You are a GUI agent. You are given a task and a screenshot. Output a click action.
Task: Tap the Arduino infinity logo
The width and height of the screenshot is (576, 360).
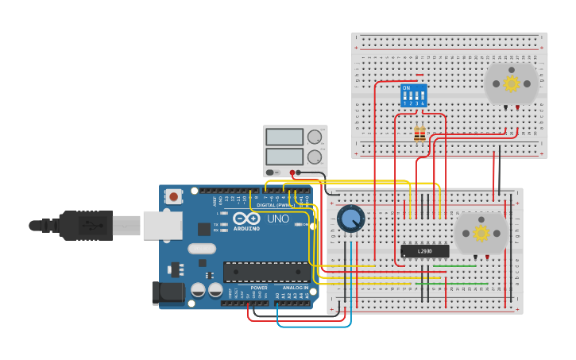click(245, 218)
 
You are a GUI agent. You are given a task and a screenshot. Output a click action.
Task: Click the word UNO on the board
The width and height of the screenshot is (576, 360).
click(277, 219)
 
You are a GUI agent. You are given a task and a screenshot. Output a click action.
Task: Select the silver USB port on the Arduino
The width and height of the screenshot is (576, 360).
click(162, 225)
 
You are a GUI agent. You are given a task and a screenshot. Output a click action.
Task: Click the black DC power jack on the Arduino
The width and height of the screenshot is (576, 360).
click(168, 292)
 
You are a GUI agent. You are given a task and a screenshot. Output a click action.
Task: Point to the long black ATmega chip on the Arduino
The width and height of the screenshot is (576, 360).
click(266, 272)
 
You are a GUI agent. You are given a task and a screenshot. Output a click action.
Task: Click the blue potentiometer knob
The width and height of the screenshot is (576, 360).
click(350, 218)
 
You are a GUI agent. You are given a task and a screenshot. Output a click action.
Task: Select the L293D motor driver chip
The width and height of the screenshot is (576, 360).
click(424, 251)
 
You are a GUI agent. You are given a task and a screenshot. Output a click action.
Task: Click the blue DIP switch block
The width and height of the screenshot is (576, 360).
click(414, 95)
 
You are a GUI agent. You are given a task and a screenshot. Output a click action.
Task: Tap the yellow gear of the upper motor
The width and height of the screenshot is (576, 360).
click(512, 83)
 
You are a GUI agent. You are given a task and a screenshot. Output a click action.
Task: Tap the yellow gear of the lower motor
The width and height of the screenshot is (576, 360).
click(481, 233)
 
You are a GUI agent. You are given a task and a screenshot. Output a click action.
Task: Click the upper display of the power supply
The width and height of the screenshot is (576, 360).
click(284, 137)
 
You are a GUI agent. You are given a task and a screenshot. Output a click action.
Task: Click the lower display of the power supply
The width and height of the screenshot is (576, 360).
click(284, 156)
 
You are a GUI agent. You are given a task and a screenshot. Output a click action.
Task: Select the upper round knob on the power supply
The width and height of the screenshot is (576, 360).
click(315, 137)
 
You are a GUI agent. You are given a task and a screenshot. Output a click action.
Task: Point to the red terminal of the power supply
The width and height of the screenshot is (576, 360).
click(292, 172)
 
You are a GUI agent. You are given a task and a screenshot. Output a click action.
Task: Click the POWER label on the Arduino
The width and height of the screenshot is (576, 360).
click(259, 288)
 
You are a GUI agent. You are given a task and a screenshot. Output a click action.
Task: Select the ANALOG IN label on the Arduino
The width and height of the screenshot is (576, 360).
click(295, 288)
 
